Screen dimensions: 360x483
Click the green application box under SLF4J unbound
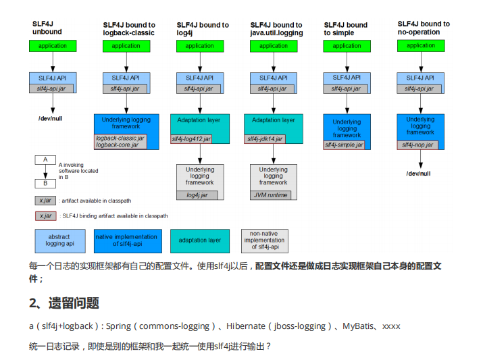pyautogui.click(x=53, y=46)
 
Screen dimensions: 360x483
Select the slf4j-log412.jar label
pyautogui.click(x=191, y=139)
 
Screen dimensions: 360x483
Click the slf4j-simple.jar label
pyautogui.click(x=344, y=145)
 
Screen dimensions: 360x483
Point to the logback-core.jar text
pyautogui.click(x=116, y=145)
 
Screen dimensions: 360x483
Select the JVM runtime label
pyautogui.click(x=270, y=195)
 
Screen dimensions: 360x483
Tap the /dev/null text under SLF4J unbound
pyautogui.click(x=52, y=118)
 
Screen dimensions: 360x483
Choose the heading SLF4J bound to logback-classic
pyautogui.click(x=128, y=29)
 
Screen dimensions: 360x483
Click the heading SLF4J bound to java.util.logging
pyautogui.click(x=276, y=29)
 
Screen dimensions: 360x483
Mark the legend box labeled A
pyautogui.click(x=45, y=160)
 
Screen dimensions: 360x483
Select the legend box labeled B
pyautogui.click(x=45, y=183)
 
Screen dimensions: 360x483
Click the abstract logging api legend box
pyautogui.click(x=59, y=240)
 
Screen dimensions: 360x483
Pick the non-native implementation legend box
pyautogui.click(x=264, y=240)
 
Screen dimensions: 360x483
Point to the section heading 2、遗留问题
pyautogui.click(x=64, y=303)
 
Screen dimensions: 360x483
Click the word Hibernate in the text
pyautogui.click(x=246, y=326)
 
